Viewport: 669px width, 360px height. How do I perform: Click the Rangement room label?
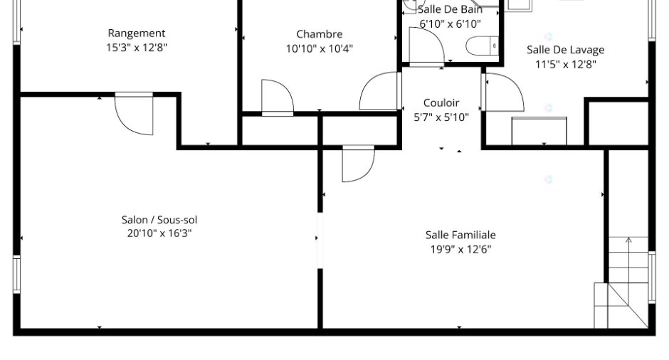coord(137,33)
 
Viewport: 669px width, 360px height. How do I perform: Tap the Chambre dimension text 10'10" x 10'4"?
coord(319,48)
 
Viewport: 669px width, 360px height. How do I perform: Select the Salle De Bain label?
coord(450,9)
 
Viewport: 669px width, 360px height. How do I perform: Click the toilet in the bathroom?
coord(482,46)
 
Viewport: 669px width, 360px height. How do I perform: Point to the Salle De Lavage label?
coord(565,50)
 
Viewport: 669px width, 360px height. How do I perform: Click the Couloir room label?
coord(441,102)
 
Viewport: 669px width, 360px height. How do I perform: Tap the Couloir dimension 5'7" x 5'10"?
coord(441,117)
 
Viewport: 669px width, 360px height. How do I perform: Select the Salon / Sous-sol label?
coord(159,220)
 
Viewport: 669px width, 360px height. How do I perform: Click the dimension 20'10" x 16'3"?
coord(159,233)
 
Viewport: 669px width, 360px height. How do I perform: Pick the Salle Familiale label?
coord(460,235)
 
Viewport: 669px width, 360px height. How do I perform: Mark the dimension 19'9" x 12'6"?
coord(460,249)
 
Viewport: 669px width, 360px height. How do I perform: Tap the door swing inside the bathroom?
coord(426,45)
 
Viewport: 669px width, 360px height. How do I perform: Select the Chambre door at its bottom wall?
coord(278,97)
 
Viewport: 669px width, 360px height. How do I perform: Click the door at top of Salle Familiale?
coord(359,164)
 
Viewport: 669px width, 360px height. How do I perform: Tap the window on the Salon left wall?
coord(16,274)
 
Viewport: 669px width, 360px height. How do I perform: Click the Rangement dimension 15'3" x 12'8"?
coord(137,48)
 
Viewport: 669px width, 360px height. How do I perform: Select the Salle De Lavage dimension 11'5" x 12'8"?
coord(566,65)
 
